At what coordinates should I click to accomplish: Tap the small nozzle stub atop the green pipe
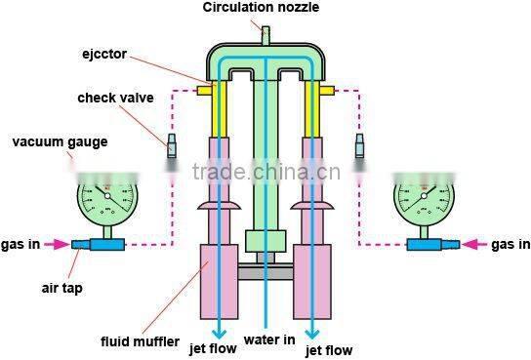tap(265, 33)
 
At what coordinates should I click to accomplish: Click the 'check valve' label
tap(110, 98)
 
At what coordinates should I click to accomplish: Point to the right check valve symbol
tap(359, 146)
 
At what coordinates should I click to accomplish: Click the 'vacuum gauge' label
tap(60, 142)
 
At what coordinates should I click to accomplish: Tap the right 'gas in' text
tap(510, 244)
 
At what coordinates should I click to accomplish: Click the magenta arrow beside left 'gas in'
tap(58, 244)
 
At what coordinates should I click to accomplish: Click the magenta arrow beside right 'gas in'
tap(472, 244)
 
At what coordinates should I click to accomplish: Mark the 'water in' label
tap(266, 340)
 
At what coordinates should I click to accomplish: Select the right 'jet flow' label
tap(329, 349)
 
